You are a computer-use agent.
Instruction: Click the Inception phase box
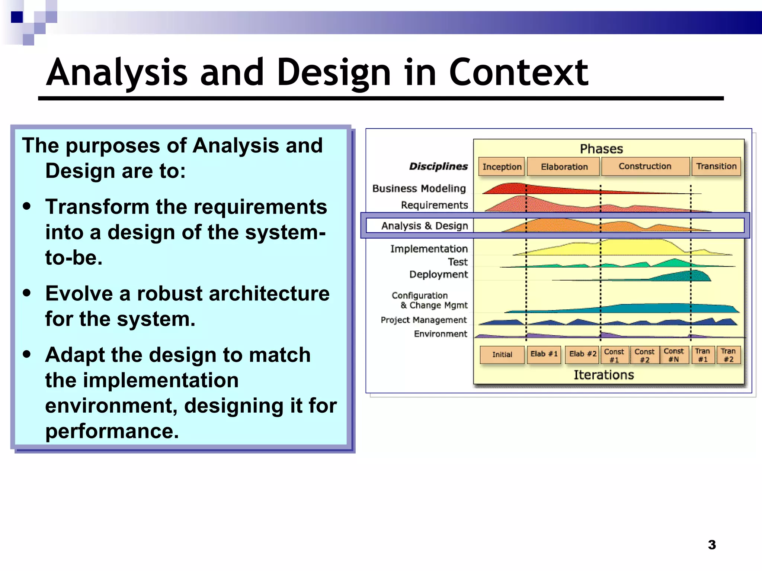502,167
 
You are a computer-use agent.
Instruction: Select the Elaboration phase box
564,167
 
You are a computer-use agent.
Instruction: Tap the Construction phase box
645,166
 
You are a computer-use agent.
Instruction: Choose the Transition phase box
716,166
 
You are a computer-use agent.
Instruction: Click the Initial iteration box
502,355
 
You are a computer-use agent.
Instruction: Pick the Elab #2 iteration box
583,354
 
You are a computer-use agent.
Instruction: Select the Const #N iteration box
673,355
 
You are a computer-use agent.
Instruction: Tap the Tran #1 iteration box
702,355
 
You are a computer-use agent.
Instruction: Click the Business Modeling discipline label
419,188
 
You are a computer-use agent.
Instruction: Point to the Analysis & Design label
425,226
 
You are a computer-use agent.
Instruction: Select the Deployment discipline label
438,274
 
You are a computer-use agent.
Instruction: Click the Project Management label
423,320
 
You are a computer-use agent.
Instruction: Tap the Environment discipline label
440,334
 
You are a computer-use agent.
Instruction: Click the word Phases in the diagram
601,149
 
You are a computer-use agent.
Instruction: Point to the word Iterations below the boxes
603,375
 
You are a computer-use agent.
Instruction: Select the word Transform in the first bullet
97,207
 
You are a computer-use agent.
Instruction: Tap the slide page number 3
712,545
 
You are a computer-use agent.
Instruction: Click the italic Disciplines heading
438,167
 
